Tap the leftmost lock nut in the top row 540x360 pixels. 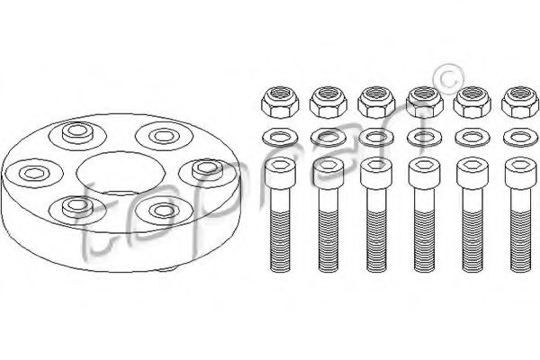pos(280,103)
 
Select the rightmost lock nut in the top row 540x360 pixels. pos(520,103)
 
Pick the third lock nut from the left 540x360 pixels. pos(376,103)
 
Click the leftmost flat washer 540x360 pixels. pos(280,138)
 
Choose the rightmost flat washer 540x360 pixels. pos(521,138)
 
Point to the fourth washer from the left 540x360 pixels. pos(424,138)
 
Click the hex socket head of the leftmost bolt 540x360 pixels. pos(280,174)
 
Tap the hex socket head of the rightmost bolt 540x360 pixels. pos(521,174)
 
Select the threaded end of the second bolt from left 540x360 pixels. pos(328,241)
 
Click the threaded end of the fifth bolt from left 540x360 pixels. pos(472,241)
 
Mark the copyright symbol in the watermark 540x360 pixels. pos(450,79)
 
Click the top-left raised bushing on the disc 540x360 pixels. pos(78,132)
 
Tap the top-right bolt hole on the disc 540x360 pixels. pos(165,136)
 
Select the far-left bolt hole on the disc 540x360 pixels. pos(33,172)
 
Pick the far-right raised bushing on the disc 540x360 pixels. pos(207,169)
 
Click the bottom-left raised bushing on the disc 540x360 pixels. pos(77,207)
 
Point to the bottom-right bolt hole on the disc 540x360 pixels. pos(164,211)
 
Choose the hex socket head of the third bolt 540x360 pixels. pos(376,174)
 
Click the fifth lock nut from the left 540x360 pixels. pos(472,103)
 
